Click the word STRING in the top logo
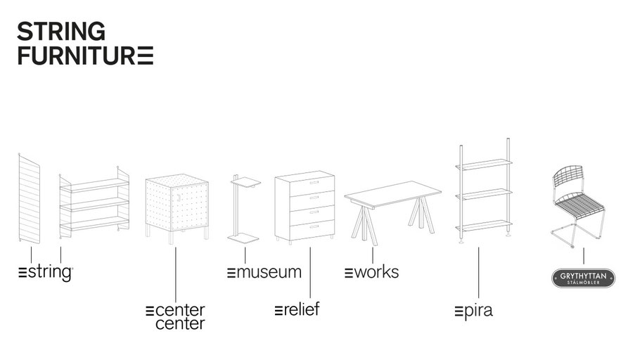tap(61, 32)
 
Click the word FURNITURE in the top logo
tap(85, 56)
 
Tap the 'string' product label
tap(46, 272)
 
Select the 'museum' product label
tap(264, 272)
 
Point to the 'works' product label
tap(371, 272)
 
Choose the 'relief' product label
tap(297, 309)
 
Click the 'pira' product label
tap(474, 311)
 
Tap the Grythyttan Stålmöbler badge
tap(583, 278)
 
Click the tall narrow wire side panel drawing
tap(30, 199)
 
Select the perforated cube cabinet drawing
tap(177, 208)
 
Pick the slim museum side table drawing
tap(245, 208)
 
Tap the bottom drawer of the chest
tap(312, 230)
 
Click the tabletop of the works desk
tap(392, 193)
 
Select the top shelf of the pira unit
tap(484, 164)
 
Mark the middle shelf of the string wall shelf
tap(95, 204)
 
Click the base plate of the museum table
tap(243, 238)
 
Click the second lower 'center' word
tap(180, 324)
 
